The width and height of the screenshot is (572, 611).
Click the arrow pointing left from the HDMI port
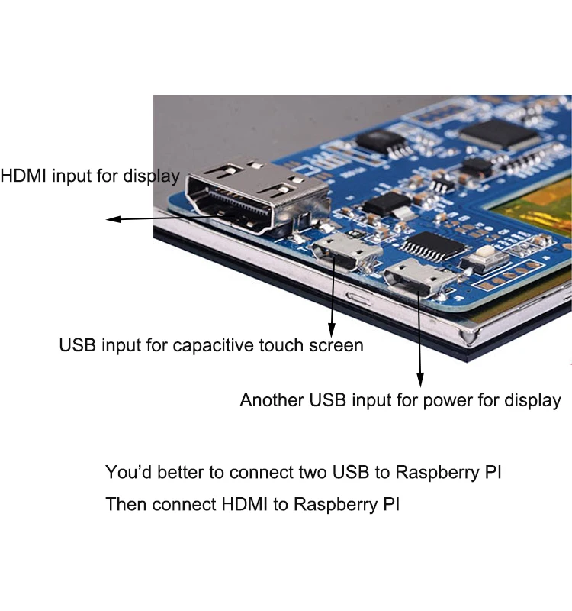(x=113, y=220)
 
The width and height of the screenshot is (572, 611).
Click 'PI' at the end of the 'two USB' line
(x=493, y=472)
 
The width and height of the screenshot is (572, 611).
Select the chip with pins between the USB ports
(x=432, y=244)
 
